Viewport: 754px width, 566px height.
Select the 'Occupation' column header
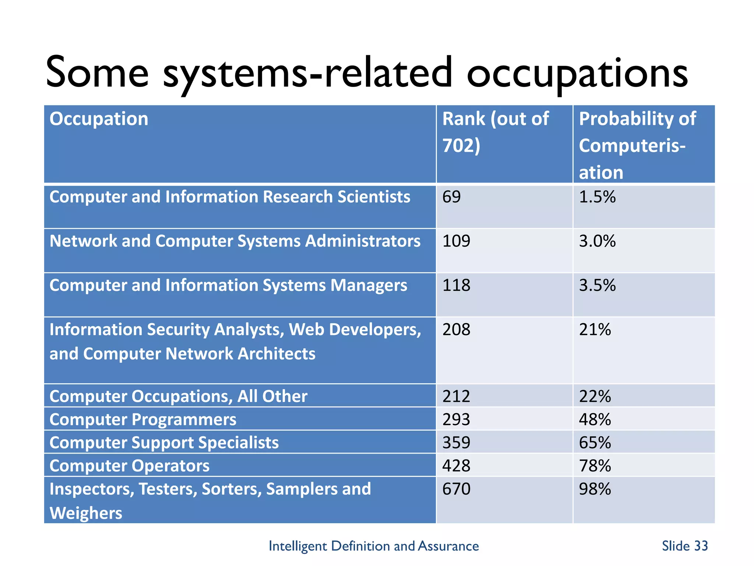click(99, 119)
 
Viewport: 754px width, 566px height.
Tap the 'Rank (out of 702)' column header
click(495, 132)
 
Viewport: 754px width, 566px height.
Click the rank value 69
click(451, 197)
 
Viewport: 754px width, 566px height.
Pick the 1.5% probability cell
click(597, 197)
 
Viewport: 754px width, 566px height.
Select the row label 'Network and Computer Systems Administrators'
click(235, 241)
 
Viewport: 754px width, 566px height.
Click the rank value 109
click(456, 241)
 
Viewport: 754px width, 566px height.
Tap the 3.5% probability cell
click(597, 286)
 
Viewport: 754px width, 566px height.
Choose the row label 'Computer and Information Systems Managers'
click(228, 286)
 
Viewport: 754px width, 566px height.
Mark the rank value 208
click(456, 329)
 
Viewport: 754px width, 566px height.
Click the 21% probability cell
click(595, 329)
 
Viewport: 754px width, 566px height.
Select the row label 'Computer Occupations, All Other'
click(178, 396)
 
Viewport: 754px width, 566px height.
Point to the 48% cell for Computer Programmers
click(595, 420)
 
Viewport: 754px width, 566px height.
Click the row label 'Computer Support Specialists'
click(164, 443)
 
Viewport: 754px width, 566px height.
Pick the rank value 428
click(456, 466)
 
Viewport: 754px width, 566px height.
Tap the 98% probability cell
click(595, 489)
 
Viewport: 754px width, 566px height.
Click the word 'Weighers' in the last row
click(86, 513)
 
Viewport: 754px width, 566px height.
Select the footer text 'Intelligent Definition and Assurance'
click(374, 546)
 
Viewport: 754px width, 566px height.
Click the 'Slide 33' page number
click(684, 546)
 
